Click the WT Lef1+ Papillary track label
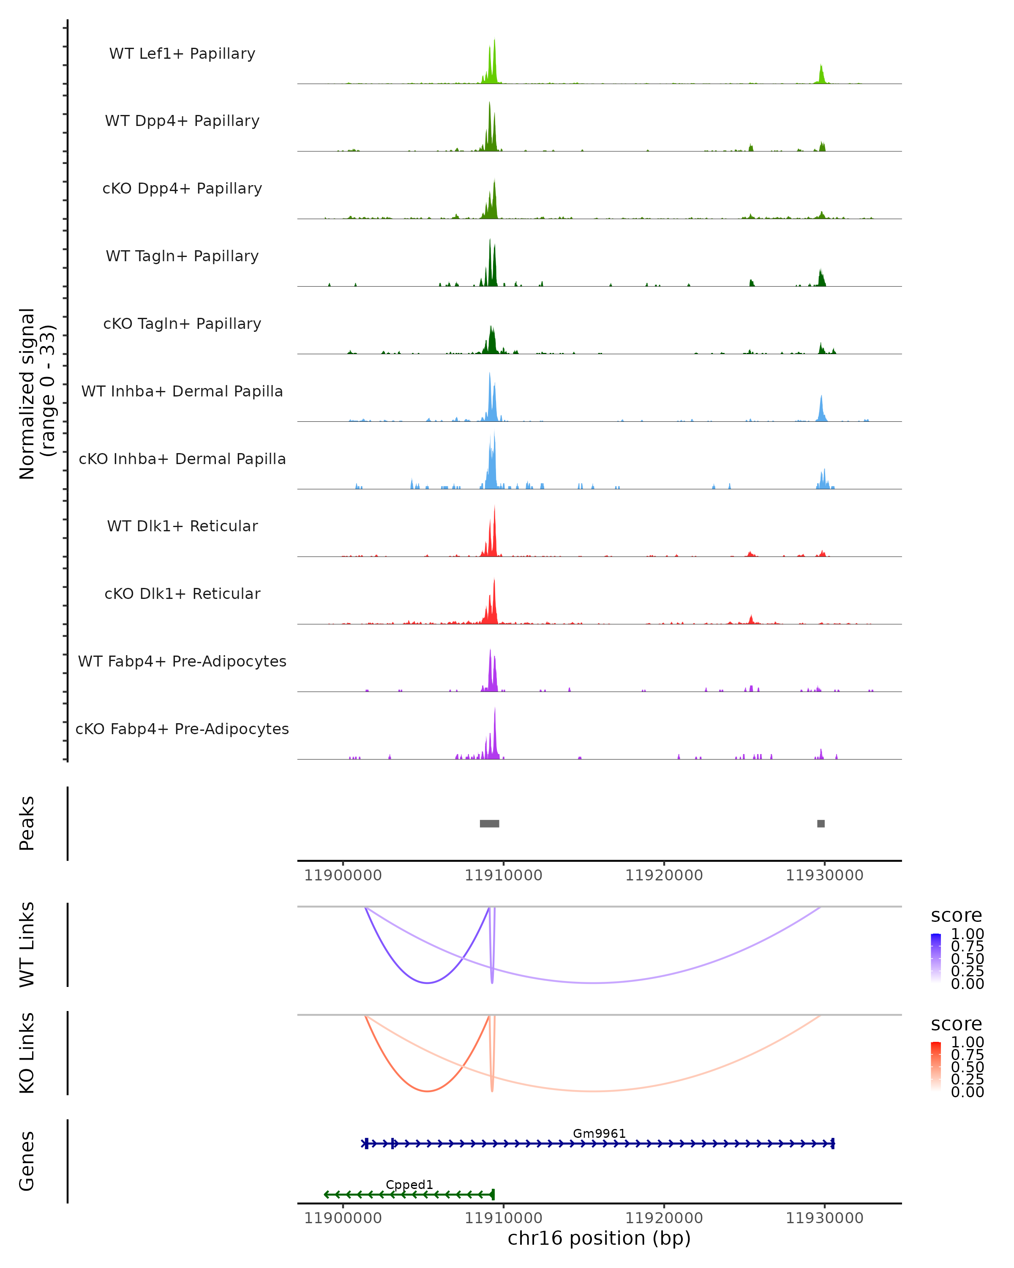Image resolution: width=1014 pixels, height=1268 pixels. pos(182,54)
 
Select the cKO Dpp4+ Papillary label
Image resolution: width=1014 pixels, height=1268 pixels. pos(182,189)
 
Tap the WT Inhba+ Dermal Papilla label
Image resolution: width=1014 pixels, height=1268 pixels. pos(182,392)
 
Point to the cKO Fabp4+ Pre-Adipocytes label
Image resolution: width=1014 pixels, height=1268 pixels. pos(182,729)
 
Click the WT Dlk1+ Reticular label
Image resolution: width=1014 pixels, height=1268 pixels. pos(182,526)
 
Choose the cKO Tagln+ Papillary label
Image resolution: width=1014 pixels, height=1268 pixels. pos(182,324)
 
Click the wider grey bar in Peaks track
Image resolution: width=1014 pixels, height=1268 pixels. pos(489,823)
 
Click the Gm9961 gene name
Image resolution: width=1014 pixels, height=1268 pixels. pos(599,1133)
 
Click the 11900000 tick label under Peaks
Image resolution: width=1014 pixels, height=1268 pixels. pos(343,876)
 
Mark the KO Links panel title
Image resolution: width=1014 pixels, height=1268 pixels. pos(27,1053)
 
